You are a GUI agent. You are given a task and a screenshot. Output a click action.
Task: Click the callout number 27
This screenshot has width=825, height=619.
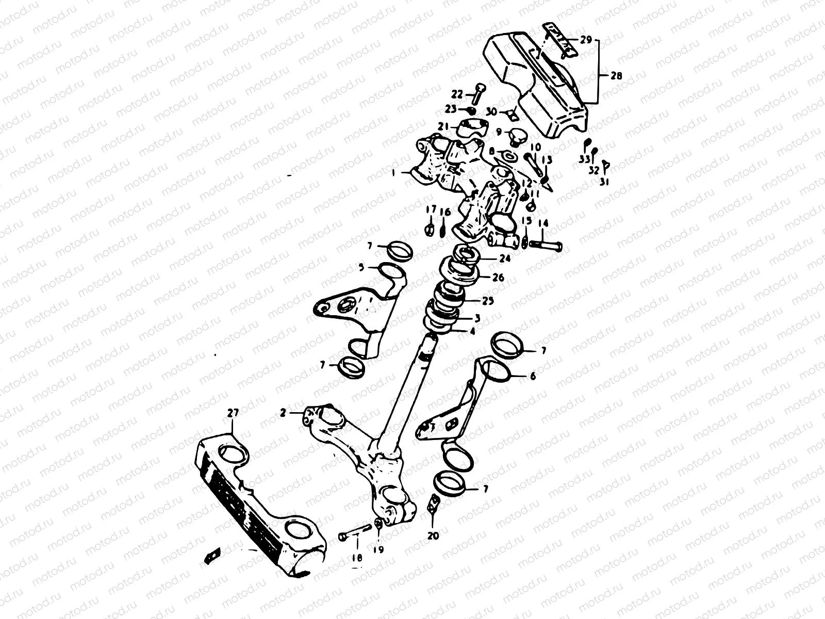click(x=233, y=413)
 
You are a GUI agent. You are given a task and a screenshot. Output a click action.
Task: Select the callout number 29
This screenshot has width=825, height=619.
click(x=587, y=40)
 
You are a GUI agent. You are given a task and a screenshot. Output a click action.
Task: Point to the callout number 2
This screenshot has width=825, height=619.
click(x=283, y=413)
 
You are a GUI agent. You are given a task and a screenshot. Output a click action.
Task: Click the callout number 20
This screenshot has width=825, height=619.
click(x=433, y=536)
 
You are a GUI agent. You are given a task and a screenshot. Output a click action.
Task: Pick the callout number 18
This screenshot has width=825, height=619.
click(x=357, y=558)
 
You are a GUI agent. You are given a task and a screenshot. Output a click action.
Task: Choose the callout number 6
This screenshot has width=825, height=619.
click(x=533, y=377)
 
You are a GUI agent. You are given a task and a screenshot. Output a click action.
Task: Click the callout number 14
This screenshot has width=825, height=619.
click(x=543, y=223)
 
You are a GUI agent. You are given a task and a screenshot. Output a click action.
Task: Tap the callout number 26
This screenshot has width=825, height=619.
click(x=498, y=278)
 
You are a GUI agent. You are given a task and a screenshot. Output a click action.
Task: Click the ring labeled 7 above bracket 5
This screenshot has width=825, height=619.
click(x=399, y=251)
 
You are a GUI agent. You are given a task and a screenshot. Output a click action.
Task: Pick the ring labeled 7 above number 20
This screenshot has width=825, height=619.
click(x=449, y=483)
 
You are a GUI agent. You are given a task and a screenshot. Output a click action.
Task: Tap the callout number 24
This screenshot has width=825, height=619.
click(x=505, y=259)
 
